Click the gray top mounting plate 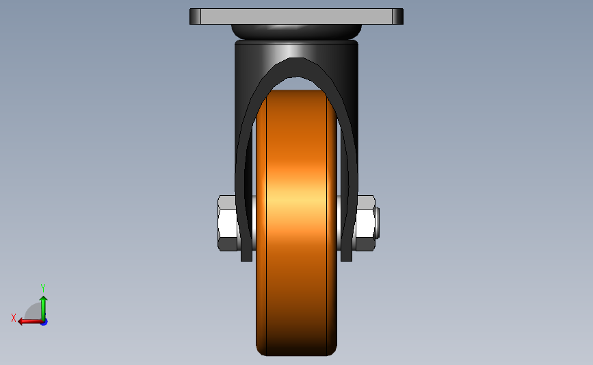click(297, 16)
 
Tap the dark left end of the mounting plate click(195, 16)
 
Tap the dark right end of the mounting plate click(398, 16)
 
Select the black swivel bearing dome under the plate click(297, 32)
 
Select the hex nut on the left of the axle click(227, 223)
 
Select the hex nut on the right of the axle click(365, 223)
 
